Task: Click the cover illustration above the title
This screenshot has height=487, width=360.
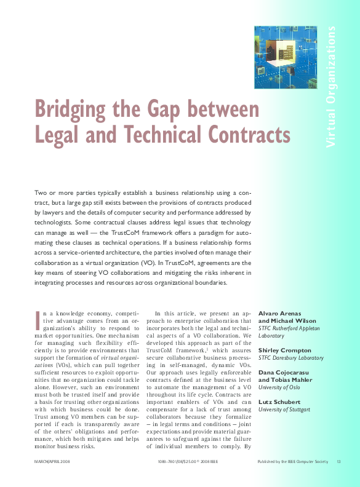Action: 286,57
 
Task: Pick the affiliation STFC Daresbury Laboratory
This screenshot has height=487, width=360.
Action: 290,357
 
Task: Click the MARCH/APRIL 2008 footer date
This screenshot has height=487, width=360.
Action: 52,461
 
